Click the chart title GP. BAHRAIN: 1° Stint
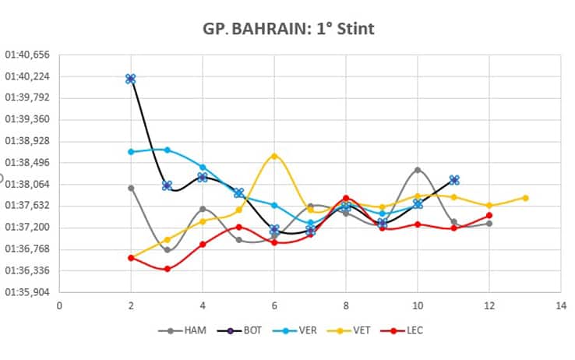point(287,30)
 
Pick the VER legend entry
point(299,330)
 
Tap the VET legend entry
point(352,330)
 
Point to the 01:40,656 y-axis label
point(28,55)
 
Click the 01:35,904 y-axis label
point(28,292)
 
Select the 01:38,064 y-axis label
point(28,185)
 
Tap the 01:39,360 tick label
point(28,120)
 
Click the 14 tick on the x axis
point(559,305)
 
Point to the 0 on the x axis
point(59,305)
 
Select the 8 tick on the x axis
point(346,305)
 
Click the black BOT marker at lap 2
point(131,79)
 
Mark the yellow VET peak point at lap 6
point(274,156)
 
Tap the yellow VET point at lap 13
point(525,198)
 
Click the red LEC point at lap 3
point(167,269)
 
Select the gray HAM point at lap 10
point(418,170)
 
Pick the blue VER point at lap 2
point(131,152)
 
